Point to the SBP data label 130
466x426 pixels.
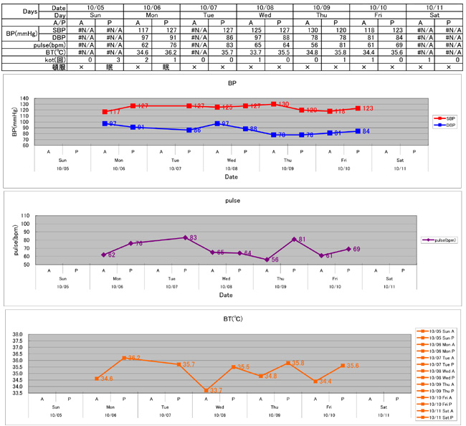[283, 105]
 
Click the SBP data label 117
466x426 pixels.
[115, 113]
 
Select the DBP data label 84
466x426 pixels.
[366, 131]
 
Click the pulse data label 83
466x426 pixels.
[194, 237]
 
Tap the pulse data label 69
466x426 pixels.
[356, 249]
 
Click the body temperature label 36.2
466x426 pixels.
[134, 358]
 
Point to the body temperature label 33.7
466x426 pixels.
[216, 391]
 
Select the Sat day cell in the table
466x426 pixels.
[434, 14]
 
